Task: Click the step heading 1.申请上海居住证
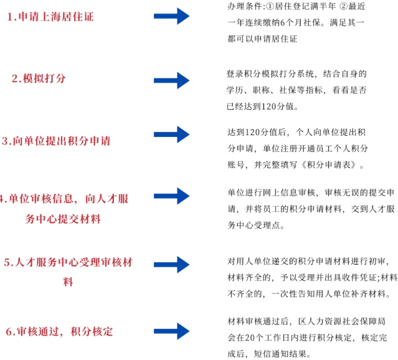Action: tap(50, 17)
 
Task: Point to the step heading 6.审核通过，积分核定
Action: tap(59, 331)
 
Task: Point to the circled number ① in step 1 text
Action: tap(270, 7)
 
